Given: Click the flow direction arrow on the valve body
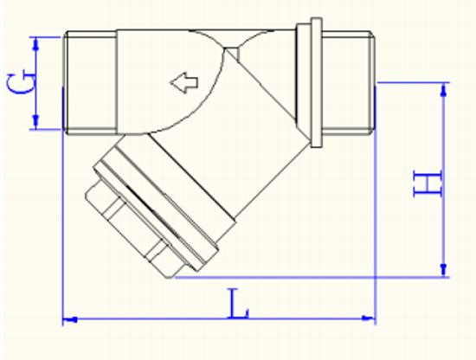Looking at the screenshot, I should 183,83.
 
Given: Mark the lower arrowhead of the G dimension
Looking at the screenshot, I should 36,124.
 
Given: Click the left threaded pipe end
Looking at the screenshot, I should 90,82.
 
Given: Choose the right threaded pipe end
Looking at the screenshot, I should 349,82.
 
